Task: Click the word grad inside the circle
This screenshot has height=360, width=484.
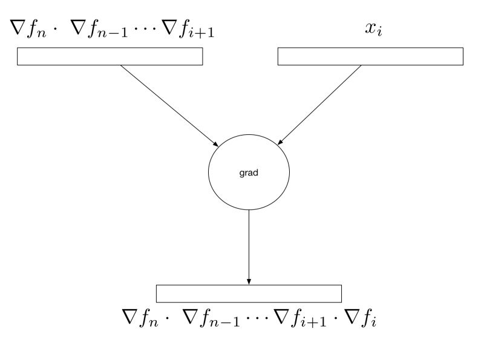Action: pyautogui.click(x=249, y=172)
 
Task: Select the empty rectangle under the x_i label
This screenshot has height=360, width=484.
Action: pyautogui.click(x=370, y=56)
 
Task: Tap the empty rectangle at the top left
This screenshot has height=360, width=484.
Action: pyautogui.click(x=110, y=56)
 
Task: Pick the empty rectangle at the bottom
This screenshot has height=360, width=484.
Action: pyautogui.click(x=249, y=293)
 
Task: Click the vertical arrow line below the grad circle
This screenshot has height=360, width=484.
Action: pyautogui.click(x=249, y=242)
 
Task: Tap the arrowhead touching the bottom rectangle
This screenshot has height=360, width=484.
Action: pyautogui.click(x=249, y=280)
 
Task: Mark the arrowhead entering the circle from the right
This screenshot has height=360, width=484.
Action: pyautogui.click(x=281, y=142)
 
